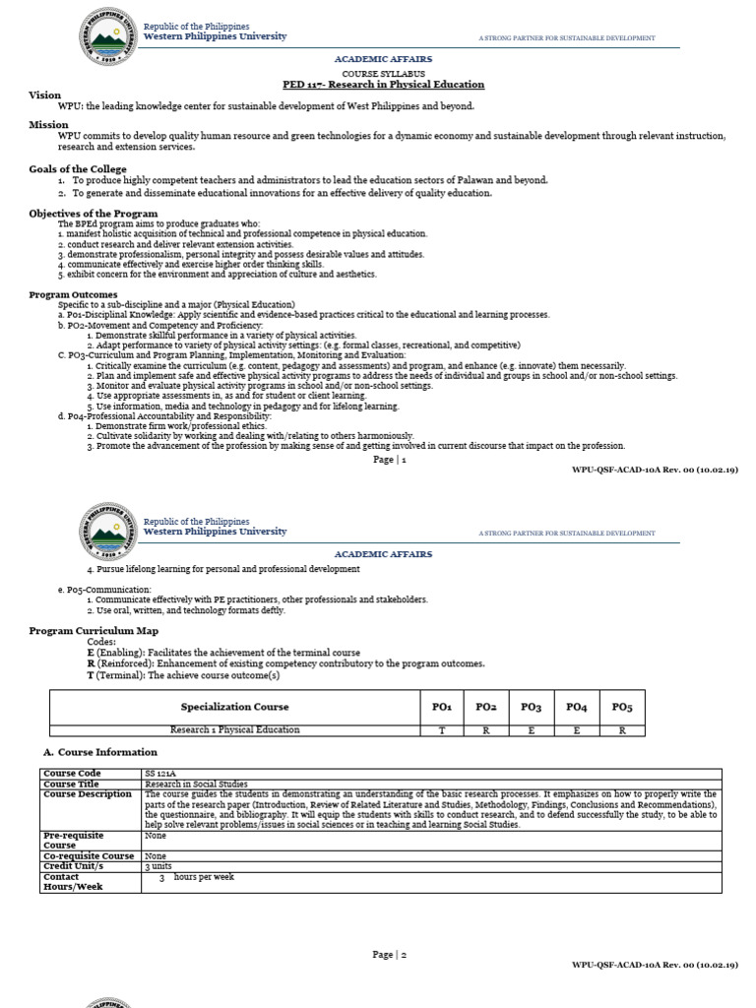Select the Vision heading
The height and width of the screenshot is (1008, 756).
point(44,95)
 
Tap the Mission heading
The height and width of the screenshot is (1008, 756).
point(48,125)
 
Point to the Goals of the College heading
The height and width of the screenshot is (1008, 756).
point(78,169)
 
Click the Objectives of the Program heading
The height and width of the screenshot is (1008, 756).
point(93,214)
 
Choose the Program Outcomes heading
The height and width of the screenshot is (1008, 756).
point(73,294)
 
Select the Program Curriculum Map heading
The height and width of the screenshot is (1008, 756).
point(94,630)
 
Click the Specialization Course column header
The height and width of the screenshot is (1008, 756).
point(234,707)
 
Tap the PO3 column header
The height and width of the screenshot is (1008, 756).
point(532,707)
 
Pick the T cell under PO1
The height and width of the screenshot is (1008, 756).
point(441,730)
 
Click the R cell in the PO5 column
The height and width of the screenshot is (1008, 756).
point(622,730)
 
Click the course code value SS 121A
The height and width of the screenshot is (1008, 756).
point(158,774)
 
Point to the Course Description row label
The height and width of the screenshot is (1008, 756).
point(88,794)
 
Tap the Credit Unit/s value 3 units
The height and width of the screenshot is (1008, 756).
point(157,866)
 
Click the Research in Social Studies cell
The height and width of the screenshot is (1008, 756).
point(195,785)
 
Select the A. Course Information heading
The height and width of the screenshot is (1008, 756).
point(100,752)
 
